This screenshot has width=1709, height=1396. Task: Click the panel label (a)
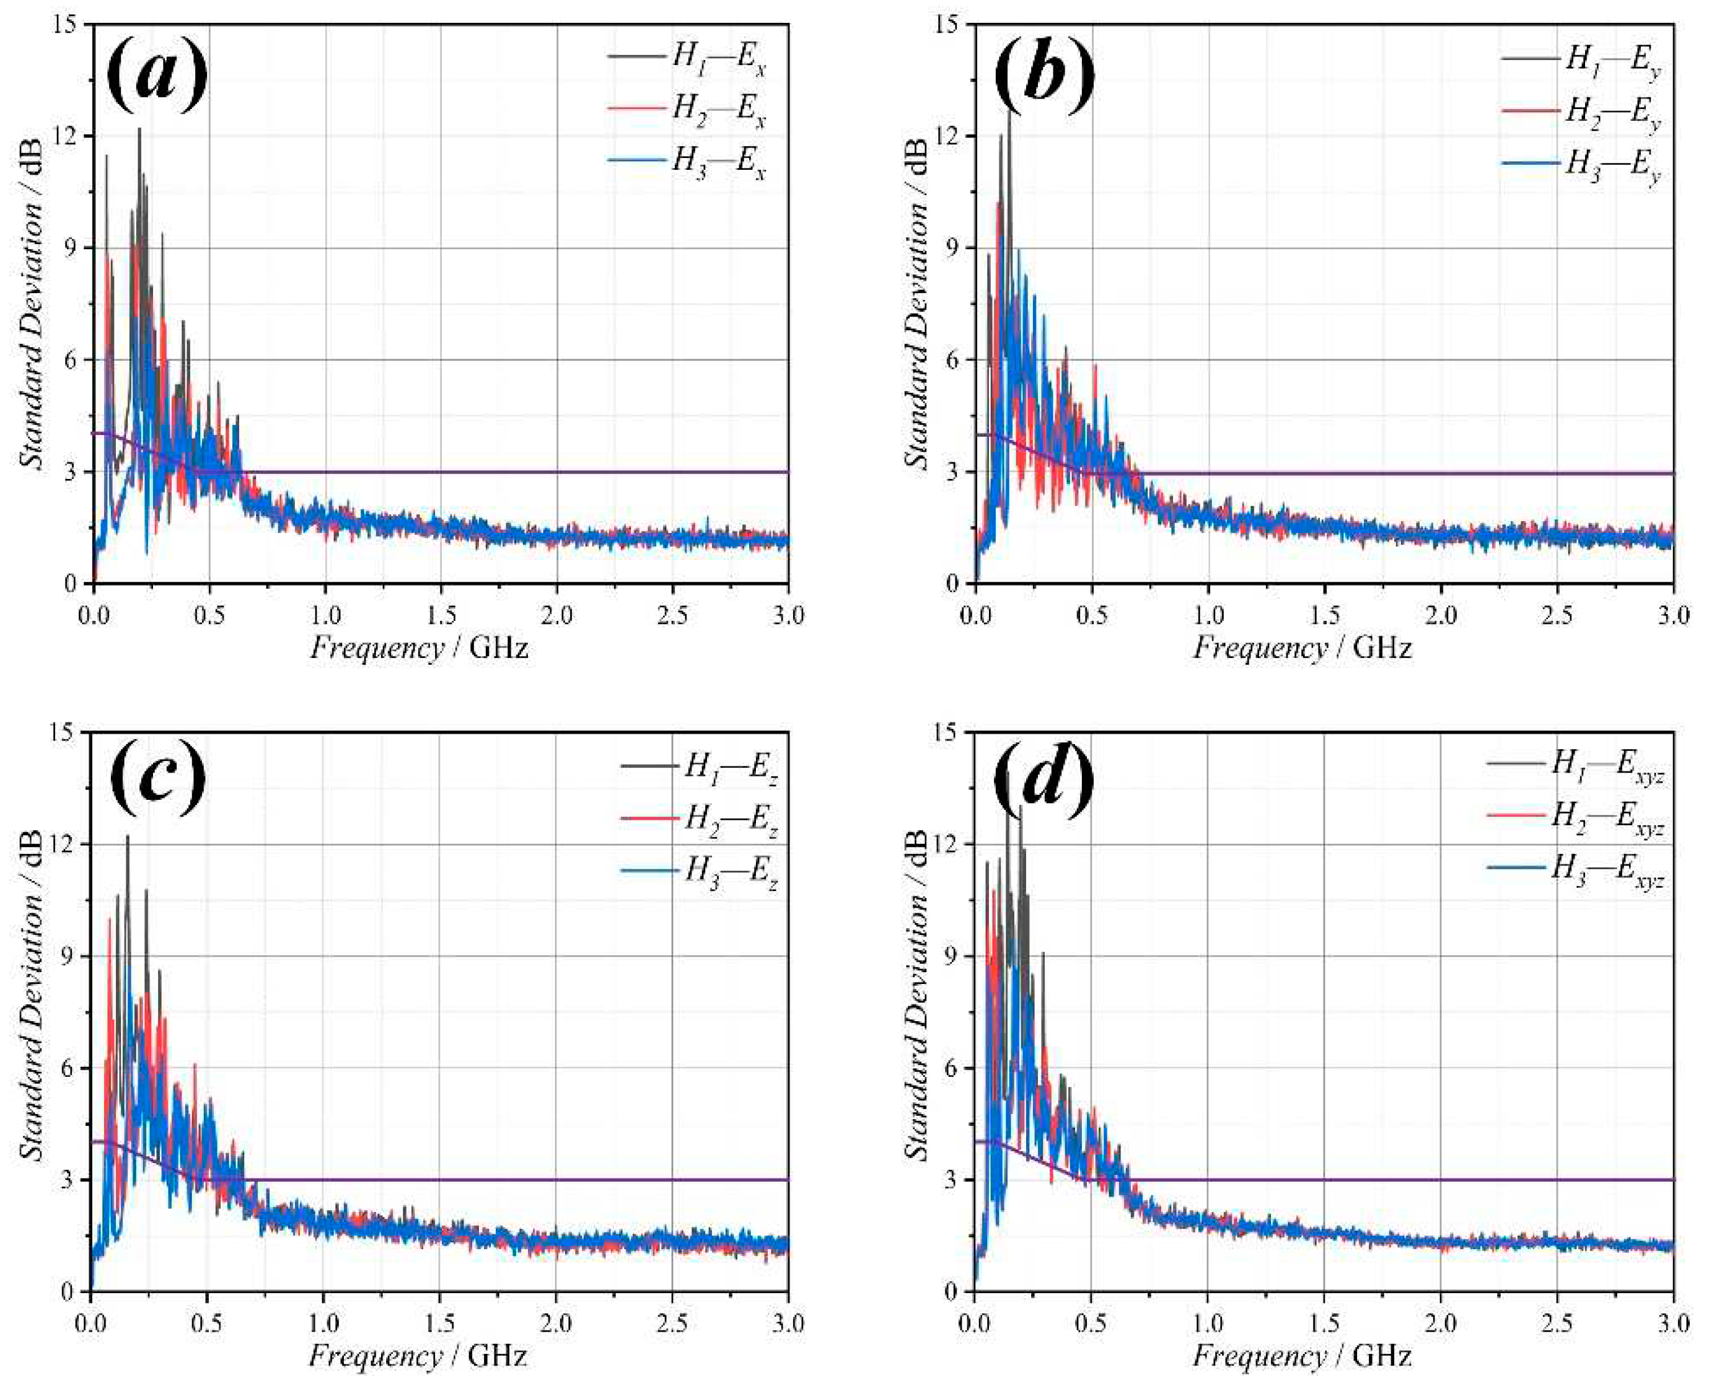click(157, 77)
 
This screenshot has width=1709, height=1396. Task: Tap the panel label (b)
click(1044, 77)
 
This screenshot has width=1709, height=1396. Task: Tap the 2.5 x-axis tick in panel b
click(1557, 617)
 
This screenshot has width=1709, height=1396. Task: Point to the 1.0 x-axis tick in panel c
click(323, 1324)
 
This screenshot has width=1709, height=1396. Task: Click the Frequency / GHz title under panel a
click(419, 648)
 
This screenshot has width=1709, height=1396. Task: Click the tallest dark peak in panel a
click(139, 130)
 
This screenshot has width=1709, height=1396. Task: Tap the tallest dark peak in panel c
click(127, 837)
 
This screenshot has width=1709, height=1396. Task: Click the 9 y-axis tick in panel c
click(71, 956)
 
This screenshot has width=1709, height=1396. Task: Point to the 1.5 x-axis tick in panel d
click(1324, 1324)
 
